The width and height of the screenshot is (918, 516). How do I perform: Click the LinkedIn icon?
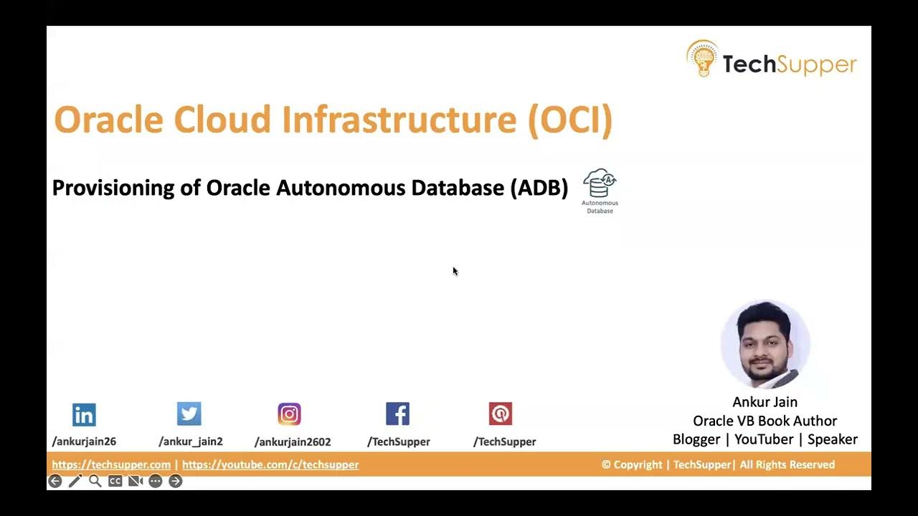(x=84, y=414)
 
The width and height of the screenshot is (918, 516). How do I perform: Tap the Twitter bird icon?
(x=189, y=414)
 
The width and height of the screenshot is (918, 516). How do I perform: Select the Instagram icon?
(x=289, y=414)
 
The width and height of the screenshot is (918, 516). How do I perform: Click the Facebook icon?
(x=397, y=414)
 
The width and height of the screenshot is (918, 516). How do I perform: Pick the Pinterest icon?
(x=501, y=414)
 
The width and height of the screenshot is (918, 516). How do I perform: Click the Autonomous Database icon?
(x=600, y=185)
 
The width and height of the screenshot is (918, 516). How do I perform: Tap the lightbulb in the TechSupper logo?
(x=702, y=59)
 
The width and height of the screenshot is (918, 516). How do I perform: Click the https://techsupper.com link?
(x=111, y=464)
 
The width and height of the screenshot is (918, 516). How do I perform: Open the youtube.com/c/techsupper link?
(x=270, y=464)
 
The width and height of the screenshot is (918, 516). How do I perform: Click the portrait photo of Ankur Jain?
(x=765, y=345)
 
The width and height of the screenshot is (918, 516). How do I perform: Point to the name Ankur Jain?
(x=765, y=402)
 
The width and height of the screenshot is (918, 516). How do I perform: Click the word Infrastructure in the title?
(x=399, y=120)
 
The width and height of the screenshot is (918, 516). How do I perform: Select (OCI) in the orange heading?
(x=570, y=120)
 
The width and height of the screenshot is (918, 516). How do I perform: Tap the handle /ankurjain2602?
(x=293, y=441)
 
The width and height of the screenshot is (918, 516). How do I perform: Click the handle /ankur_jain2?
(x=191, y=441)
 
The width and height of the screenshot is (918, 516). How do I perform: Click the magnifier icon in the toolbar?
(x=95, y=481)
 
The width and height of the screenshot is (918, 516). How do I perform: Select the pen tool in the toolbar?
(x=75, y=481)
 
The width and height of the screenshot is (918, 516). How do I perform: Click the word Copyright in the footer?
(x=638, y=464)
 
